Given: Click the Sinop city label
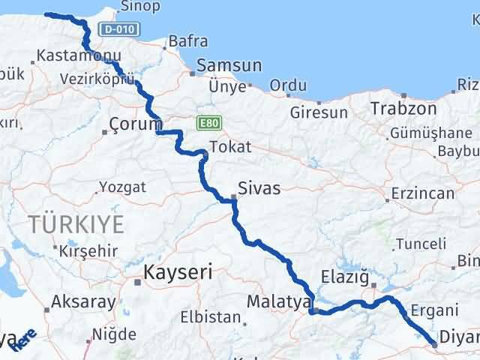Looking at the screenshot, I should pos(139,7).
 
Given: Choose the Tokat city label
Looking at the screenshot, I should pos(230,146).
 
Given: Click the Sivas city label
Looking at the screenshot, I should pos(259,187).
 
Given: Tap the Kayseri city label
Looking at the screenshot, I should pos(178,271).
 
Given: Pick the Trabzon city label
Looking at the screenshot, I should pos(403,108).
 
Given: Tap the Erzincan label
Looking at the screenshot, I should pos(421,193).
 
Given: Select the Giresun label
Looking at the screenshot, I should pos(319,112).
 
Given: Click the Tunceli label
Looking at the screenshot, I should pos(421,244).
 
